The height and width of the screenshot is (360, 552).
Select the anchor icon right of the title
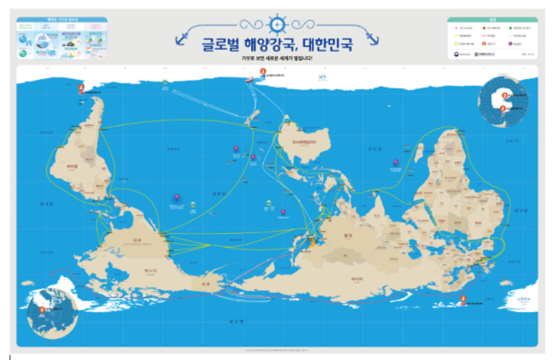372,37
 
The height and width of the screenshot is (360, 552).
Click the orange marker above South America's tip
81,88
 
